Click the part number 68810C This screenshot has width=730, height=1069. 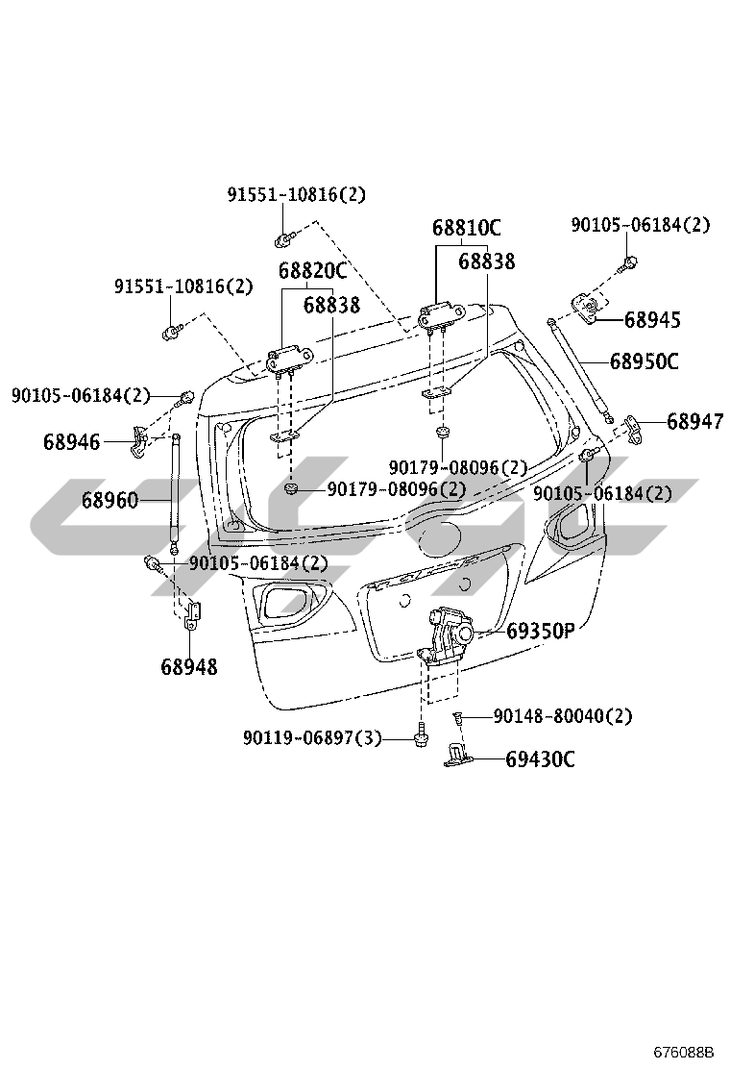coord(466,229)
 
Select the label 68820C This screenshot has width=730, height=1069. coord(312,272)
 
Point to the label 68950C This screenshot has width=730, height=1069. coord(644,361)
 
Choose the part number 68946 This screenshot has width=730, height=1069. coord(71,442)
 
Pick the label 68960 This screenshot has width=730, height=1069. coord(109,500)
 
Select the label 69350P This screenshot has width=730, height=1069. coord(540,632)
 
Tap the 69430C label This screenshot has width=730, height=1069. coord(540,759)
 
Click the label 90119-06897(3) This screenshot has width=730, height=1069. coord(312,738)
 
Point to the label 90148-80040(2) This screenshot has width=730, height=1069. coord(562,716)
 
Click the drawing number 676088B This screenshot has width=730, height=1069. coord(685,1050)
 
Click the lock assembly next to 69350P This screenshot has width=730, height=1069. coord(448,634)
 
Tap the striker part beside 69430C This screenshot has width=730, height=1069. coord(458,757)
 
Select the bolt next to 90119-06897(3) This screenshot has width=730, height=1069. coord(421,738)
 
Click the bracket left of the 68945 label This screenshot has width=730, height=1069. coord(586,305)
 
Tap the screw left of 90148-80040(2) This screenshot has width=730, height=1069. coord(459,717)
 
